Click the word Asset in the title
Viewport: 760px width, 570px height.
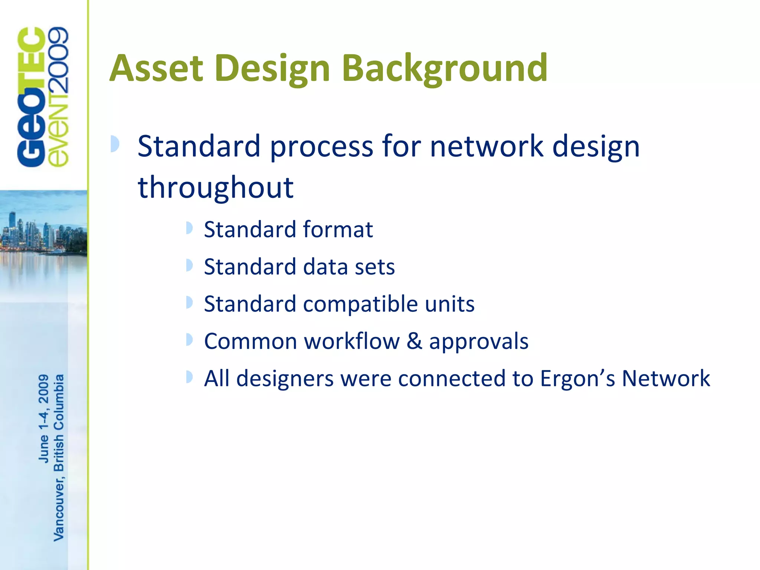[157, 68]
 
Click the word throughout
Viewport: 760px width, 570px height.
[216, 188]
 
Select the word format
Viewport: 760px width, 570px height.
[338, 229]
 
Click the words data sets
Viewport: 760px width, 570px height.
[349, 267]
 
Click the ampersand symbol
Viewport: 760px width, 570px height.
[415, 341]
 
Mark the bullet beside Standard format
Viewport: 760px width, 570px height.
[189, 228]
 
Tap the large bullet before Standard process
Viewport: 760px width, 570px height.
[115, 144]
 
